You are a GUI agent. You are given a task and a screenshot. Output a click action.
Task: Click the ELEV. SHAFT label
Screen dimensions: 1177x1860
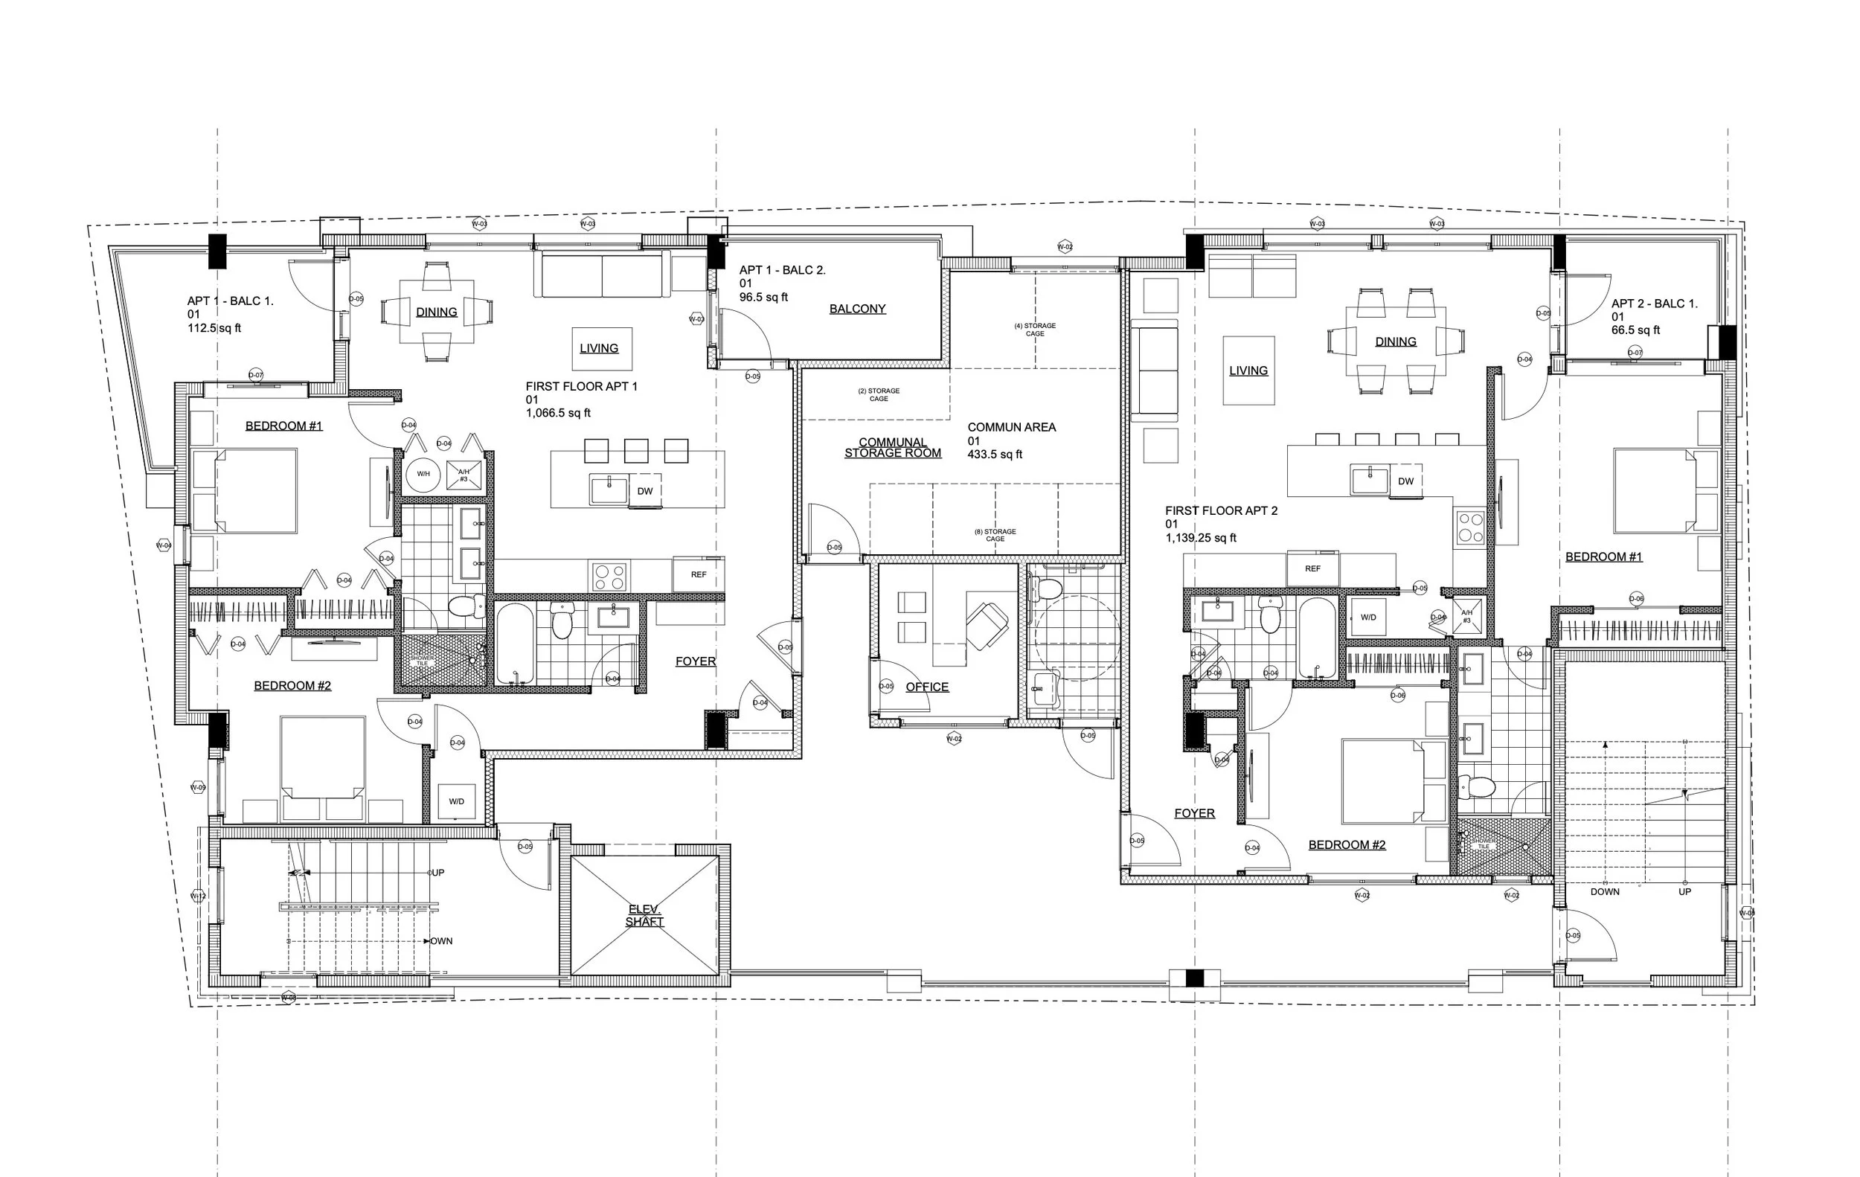[x=644, y=915]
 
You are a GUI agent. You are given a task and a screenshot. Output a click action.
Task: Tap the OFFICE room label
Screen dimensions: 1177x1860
[x=927, y=687]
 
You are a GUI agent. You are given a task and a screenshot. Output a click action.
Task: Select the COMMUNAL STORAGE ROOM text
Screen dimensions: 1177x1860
[x=893, y=447]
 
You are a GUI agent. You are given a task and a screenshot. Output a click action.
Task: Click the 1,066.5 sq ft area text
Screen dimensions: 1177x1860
[x=559, y=413]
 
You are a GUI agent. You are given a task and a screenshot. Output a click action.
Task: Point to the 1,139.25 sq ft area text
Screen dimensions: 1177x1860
[x=1201, y=537]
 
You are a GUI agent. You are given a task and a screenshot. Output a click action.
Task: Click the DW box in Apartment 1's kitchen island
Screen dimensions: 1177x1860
[x=645, y=491]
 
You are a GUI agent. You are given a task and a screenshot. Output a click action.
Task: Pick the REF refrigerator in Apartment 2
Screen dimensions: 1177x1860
[x=1313, y=568]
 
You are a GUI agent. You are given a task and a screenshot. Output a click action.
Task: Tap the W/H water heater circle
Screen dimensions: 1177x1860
[x=423, y=473]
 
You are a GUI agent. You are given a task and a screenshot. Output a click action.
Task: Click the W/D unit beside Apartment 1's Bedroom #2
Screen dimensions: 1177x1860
[x=457, y=801]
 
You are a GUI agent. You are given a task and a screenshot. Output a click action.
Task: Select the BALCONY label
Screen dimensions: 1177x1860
[x=857, y=309]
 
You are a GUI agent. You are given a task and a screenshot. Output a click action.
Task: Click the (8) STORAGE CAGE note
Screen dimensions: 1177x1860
[x=995, y=534]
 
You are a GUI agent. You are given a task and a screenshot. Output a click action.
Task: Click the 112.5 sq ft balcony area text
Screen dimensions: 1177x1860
[x=214, y=328]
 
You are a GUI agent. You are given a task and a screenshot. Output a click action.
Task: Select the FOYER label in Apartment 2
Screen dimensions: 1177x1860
[x=1194, y=813]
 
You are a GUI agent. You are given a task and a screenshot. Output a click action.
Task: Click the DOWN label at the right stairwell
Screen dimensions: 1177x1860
[x=1604, y=891]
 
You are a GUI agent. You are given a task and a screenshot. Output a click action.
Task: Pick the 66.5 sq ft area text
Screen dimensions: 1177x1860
[x=1635, y=330]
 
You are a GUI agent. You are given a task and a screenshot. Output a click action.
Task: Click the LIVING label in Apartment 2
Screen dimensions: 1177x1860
[x=1248, y=371]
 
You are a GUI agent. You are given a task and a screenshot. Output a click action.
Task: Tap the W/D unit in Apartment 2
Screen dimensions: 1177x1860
[x=1368, y=617]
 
